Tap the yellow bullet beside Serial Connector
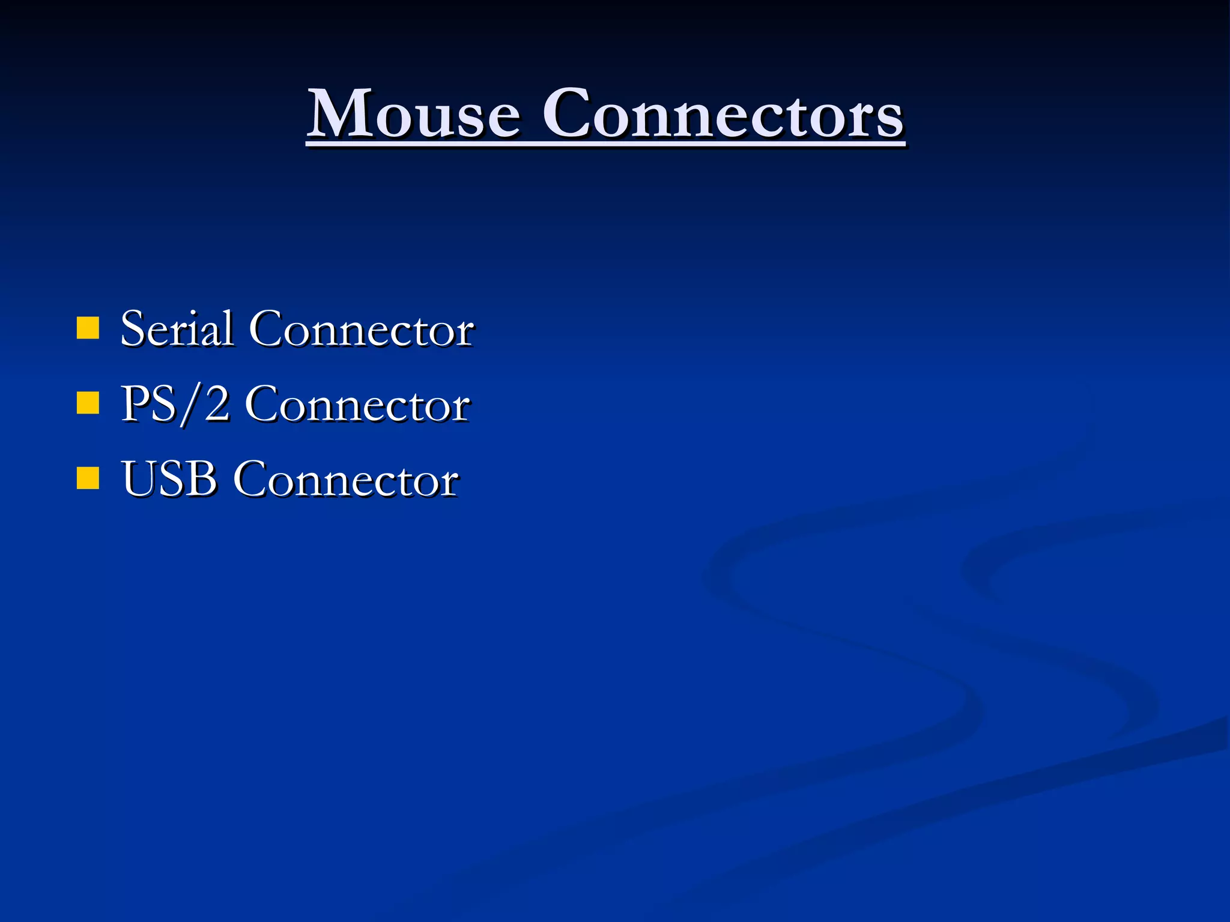(88, 328)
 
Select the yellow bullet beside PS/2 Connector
(88, 403)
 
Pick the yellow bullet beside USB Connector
(88, 478)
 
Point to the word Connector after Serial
(362, 330)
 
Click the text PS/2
(175, 404)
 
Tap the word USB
(169, 479)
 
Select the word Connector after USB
(347, 480)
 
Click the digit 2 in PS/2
(216, 404)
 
